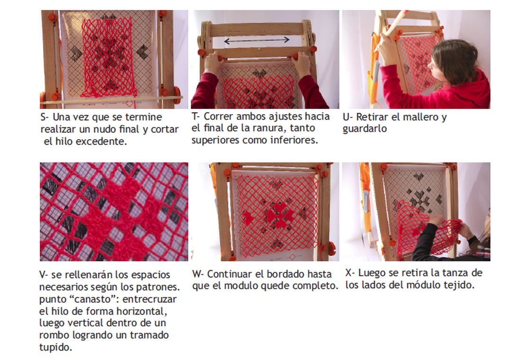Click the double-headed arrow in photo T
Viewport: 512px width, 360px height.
[x=256, y=40]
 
